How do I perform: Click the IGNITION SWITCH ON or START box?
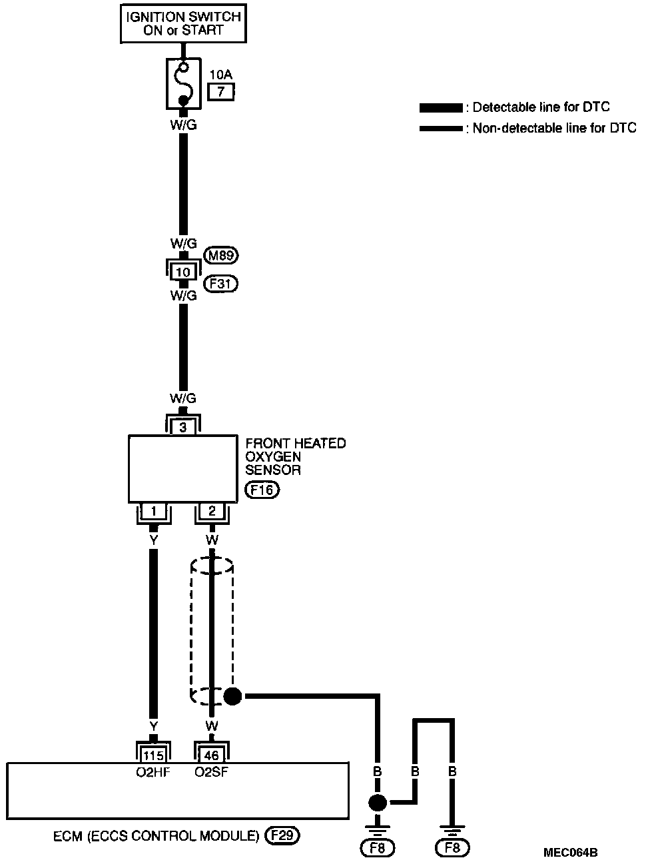point(183,23)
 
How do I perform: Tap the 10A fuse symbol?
point(182,83)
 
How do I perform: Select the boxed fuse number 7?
point(221,92)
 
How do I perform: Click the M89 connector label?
point(220,254)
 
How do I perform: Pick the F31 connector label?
point(220,284)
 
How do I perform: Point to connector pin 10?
point(183,272)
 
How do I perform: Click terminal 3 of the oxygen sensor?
point(183,427)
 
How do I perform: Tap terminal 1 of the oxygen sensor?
point(154,512)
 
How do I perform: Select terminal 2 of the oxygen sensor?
point(212,512)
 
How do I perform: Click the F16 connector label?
point(262,491)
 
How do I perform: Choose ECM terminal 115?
point(154,755)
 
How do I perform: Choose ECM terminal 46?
point(212,755)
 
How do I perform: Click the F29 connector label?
point(282,835)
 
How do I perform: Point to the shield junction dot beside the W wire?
point(232,697)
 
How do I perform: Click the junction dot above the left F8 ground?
point(378,802)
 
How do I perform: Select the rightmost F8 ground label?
point(452,848)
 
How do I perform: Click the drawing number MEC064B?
point(570,852)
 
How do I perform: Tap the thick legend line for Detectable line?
point(440,108)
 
